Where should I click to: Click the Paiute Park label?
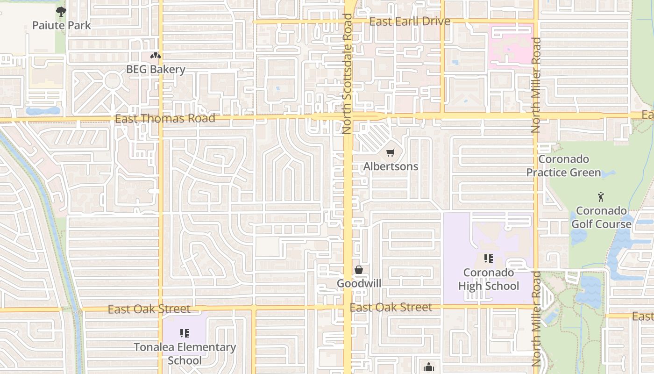(61, 25)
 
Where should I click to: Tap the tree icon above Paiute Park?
(61, 12)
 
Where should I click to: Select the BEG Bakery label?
(156, 70)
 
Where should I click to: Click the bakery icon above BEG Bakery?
(156, 56)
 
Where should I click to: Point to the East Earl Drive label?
(410, 22)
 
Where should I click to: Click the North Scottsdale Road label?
(347, 74)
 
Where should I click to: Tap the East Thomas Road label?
(165, 118)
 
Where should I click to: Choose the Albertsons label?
(391, 166)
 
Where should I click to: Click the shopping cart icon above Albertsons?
(391, 152)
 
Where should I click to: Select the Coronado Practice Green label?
(563, 166)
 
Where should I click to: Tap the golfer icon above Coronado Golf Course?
(601, 197)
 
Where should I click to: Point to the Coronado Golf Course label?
(601, 217)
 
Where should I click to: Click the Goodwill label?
(359, 283)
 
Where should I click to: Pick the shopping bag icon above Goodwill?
(359, 270)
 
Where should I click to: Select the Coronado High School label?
(489, 279)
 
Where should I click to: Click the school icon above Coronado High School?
(489, 259)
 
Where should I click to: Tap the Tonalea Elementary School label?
(185, 354)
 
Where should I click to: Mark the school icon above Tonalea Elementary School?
(185, 333)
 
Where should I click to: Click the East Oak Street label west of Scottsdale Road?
(149, 309)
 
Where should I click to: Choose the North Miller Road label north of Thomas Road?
(536, 85)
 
